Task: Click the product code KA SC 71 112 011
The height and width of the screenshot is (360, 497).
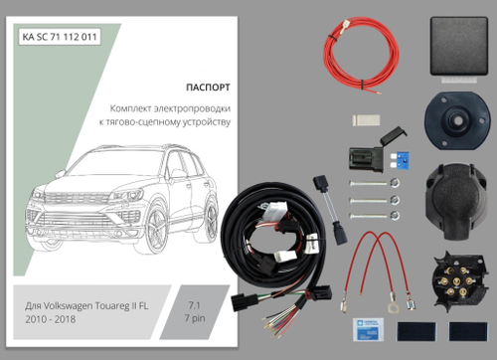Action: click(61, 38)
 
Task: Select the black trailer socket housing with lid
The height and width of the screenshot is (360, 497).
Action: click(456, 193)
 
